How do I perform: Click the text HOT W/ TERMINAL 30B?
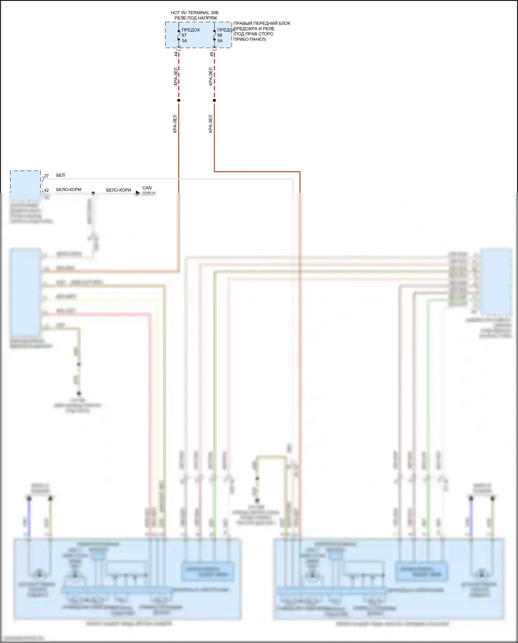click(195, 13)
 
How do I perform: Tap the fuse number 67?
click(184, 35)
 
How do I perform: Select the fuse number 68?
click(220, 35)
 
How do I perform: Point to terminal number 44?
click(176, 54)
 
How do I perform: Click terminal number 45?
click(212, 54)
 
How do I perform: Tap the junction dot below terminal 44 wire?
click(179, 101)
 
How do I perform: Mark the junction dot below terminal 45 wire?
click(214, 101)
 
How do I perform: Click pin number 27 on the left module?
click(46, 176)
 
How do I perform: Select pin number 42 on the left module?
click(46, 190)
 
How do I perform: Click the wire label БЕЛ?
click(60, 176)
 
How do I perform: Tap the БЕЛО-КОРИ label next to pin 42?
click(69, 190)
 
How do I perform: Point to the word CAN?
click(147, 188)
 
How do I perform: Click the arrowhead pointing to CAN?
click(137, 193)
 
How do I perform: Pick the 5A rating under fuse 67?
click(184, 41)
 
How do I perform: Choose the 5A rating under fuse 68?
click(220, 41)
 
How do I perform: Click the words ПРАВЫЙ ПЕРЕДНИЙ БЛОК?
click(262, 23)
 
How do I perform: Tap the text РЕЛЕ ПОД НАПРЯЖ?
click(196, 18)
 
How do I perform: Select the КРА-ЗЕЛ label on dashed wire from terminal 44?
click(175, 76)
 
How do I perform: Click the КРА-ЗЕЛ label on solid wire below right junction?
click(210, 124)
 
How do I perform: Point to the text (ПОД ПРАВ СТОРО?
click(253, 34)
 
